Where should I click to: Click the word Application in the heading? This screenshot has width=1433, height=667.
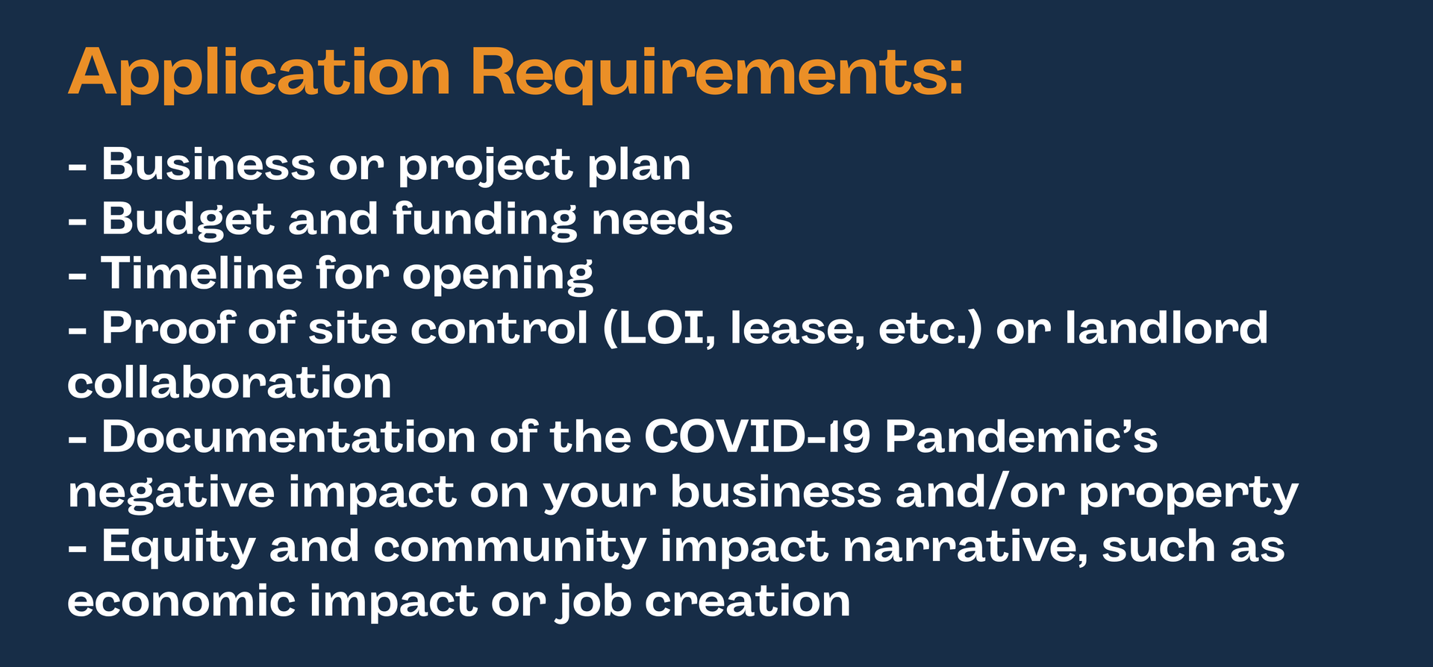click(x=259, y=75)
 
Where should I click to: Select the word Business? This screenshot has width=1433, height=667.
click(x=208, y=164)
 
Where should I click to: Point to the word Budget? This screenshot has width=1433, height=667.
click(x=188, y=220)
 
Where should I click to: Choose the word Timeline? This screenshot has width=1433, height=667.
click(x=202, y=273)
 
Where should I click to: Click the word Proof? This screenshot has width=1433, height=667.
click(x=168, y=328)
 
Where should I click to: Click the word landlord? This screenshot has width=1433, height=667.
click(x=1166, y=328)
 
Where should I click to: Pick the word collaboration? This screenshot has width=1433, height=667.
click(x=229, y=383)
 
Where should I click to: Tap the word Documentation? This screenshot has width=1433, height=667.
click(x=288, y=436)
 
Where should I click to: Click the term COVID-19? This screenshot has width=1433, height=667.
click(x=757, y=436)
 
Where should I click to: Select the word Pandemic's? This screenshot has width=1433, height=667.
click(x=1021, y=436)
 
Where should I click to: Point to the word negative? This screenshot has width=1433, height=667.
click(x=170, y=492)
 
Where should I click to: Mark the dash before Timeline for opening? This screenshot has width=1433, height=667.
click(x=78, y=276)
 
